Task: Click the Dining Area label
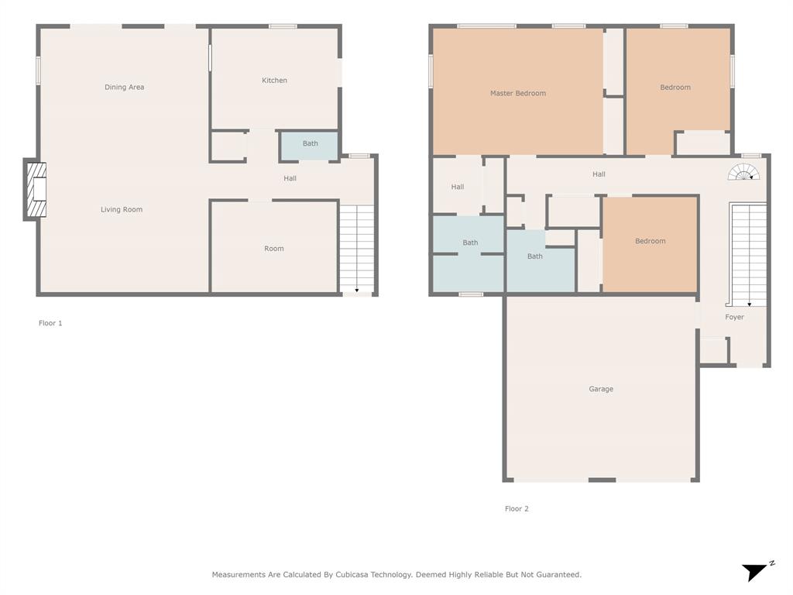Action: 124,88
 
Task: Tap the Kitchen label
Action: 274,81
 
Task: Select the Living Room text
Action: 122,210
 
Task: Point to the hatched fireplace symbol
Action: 36,190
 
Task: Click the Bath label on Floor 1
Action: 310,143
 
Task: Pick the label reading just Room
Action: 274,249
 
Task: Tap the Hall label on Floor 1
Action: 290,179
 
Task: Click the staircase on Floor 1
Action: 357,248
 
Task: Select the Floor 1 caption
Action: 50,323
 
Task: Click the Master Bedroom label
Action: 517,94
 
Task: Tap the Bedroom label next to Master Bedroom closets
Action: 675,88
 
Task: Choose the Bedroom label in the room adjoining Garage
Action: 650,241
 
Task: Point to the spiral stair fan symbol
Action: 743,173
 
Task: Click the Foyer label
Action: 734,317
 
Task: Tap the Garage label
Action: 600,389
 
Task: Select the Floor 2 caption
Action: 517,509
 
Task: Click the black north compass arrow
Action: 755,572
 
